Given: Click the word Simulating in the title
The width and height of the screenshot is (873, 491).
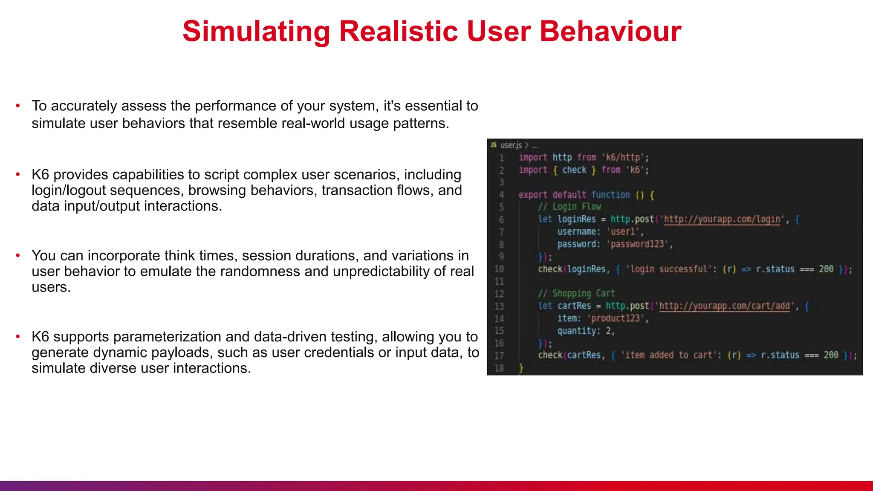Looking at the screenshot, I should point(256,32).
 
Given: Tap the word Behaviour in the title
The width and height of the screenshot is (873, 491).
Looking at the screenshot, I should point(610,32).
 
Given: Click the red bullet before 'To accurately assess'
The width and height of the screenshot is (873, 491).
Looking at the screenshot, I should point(18,105).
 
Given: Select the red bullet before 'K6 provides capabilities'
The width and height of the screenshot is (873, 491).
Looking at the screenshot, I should point(18,174).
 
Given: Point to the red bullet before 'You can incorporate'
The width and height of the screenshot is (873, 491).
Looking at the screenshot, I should point(18,255).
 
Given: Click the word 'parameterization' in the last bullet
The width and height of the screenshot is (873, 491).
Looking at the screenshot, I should point(168,337).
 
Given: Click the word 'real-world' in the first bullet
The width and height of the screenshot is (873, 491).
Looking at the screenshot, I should point(313,123).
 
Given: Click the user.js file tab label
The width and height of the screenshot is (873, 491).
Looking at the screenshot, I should point(511,145).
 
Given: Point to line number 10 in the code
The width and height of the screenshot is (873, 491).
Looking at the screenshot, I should point(499,269).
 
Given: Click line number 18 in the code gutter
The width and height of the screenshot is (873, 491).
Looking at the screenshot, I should point(499,368).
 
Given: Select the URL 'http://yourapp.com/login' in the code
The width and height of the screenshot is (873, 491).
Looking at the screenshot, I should point(722,220).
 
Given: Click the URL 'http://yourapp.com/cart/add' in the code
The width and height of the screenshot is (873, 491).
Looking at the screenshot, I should point(724,306).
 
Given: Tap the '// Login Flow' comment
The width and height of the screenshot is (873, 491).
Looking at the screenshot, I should point(569,207).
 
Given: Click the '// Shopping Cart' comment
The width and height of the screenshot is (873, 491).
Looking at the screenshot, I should point(576,294).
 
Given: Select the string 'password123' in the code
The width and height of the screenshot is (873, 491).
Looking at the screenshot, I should point(637,244).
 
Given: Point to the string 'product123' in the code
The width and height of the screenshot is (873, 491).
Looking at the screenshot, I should point(616,318).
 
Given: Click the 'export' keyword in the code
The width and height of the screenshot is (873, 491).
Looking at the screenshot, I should point(532,195).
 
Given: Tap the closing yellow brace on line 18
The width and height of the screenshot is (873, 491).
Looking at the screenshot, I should point(521,368).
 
